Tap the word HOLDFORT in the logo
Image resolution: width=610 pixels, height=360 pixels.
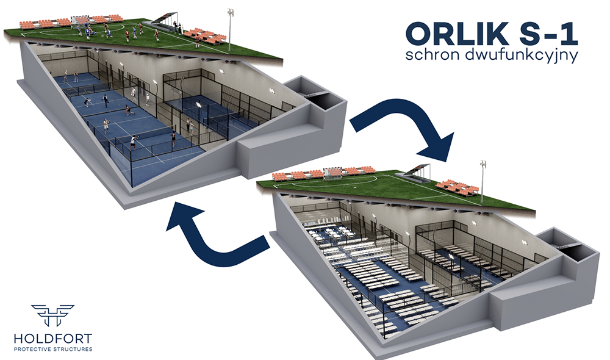pos(53,338)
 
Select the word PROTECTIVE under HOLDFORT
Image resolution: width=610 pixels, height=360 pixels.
pos(32,349)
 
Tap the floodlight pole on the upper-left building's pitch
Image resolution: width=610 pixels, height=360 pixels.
pos(230,31)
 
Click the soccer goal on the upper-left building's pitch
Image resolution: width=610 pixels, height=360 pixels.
pos(80,21)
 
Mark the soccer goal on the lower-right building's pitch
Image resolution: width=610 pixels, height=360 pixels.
pos(332,173)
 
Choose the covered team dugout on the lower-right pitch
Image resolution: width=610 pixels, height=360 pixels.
pos(417,173)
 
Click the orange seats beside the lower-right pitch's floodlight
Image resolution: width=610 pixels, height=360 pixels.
pos(457,187)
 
